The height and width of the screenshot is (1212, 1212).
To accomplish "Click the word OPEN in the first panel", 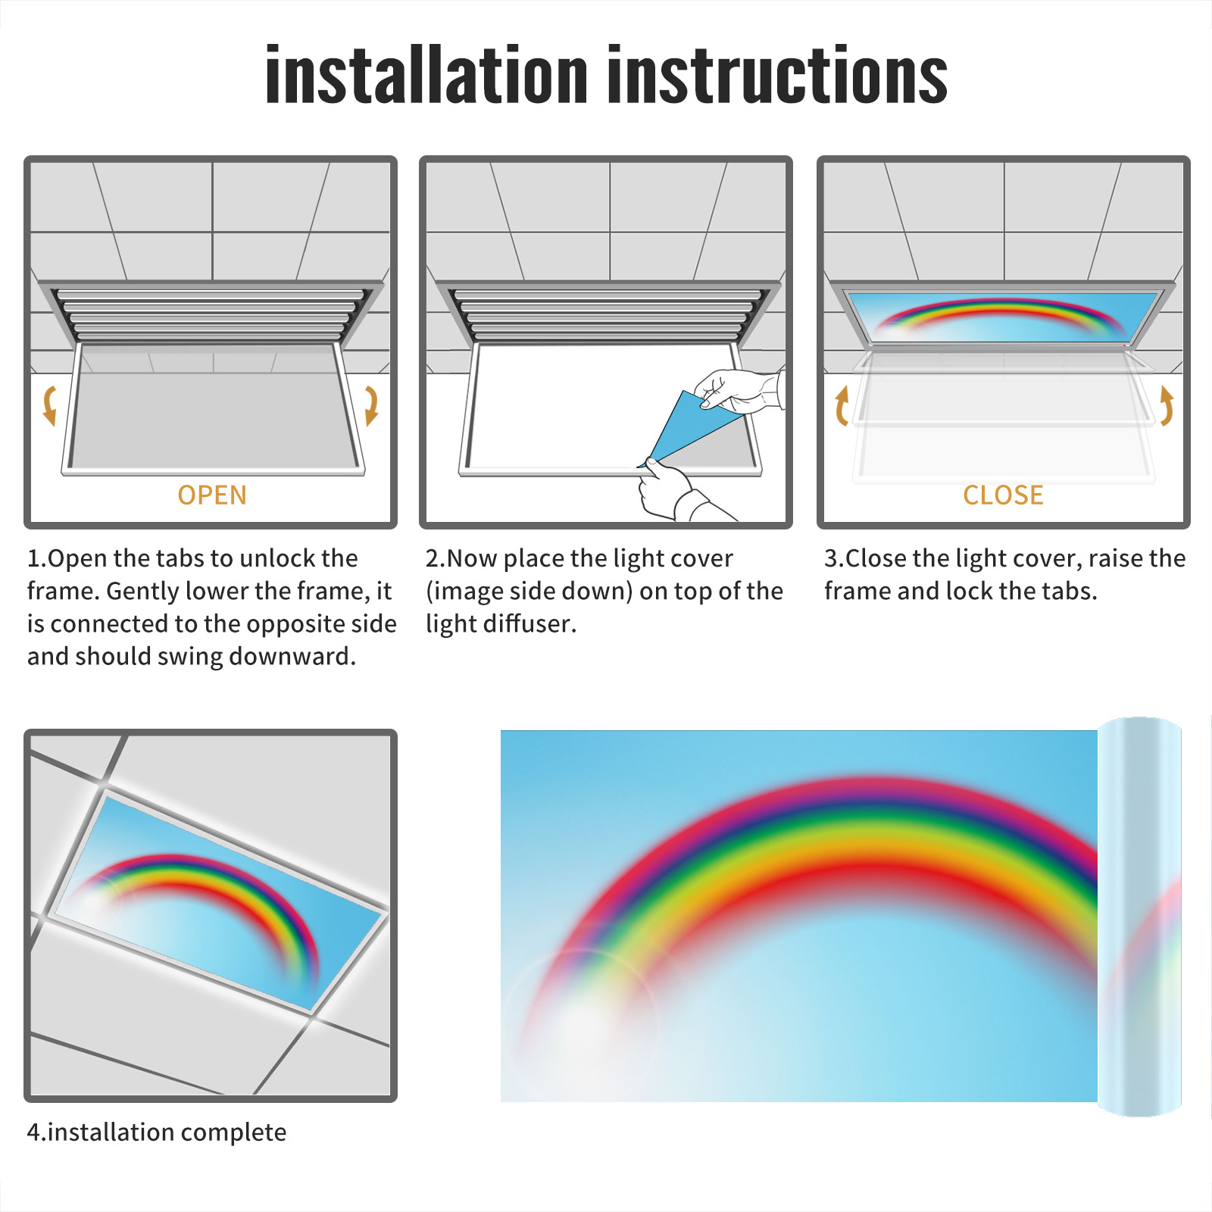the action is coord(212,495).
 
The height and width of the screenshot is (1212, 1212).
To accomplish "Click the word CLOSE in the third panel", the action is coord(1003,495).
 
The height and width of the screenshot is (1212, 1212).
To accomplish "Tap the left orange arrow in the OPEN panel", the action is coord(50,405).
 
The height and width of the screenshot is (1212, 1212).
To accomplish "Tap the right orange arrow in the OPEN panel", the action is coord(371,405).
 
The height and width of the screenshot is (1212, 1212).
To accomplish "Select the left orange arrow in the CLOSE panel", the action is coord(842,405).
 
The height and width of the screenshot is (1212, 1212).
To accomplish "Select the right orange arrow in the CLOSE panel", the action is coord(1167,405).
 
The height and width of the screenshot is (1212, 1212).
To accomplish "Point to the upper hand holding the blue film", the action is coord(739,389).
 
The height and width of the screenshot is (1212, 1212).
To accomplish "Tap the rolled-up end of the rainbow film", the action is coord(1139,917).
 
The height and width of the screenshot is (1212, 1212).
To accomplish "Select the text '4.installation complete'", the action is coord(157,1132).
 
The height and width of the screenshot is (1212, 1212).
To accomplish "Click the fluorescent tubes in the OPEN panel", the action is coord(211,315).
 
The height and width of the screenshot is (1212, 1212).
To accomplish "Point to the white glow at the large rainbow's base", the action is coord(583,1023).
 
